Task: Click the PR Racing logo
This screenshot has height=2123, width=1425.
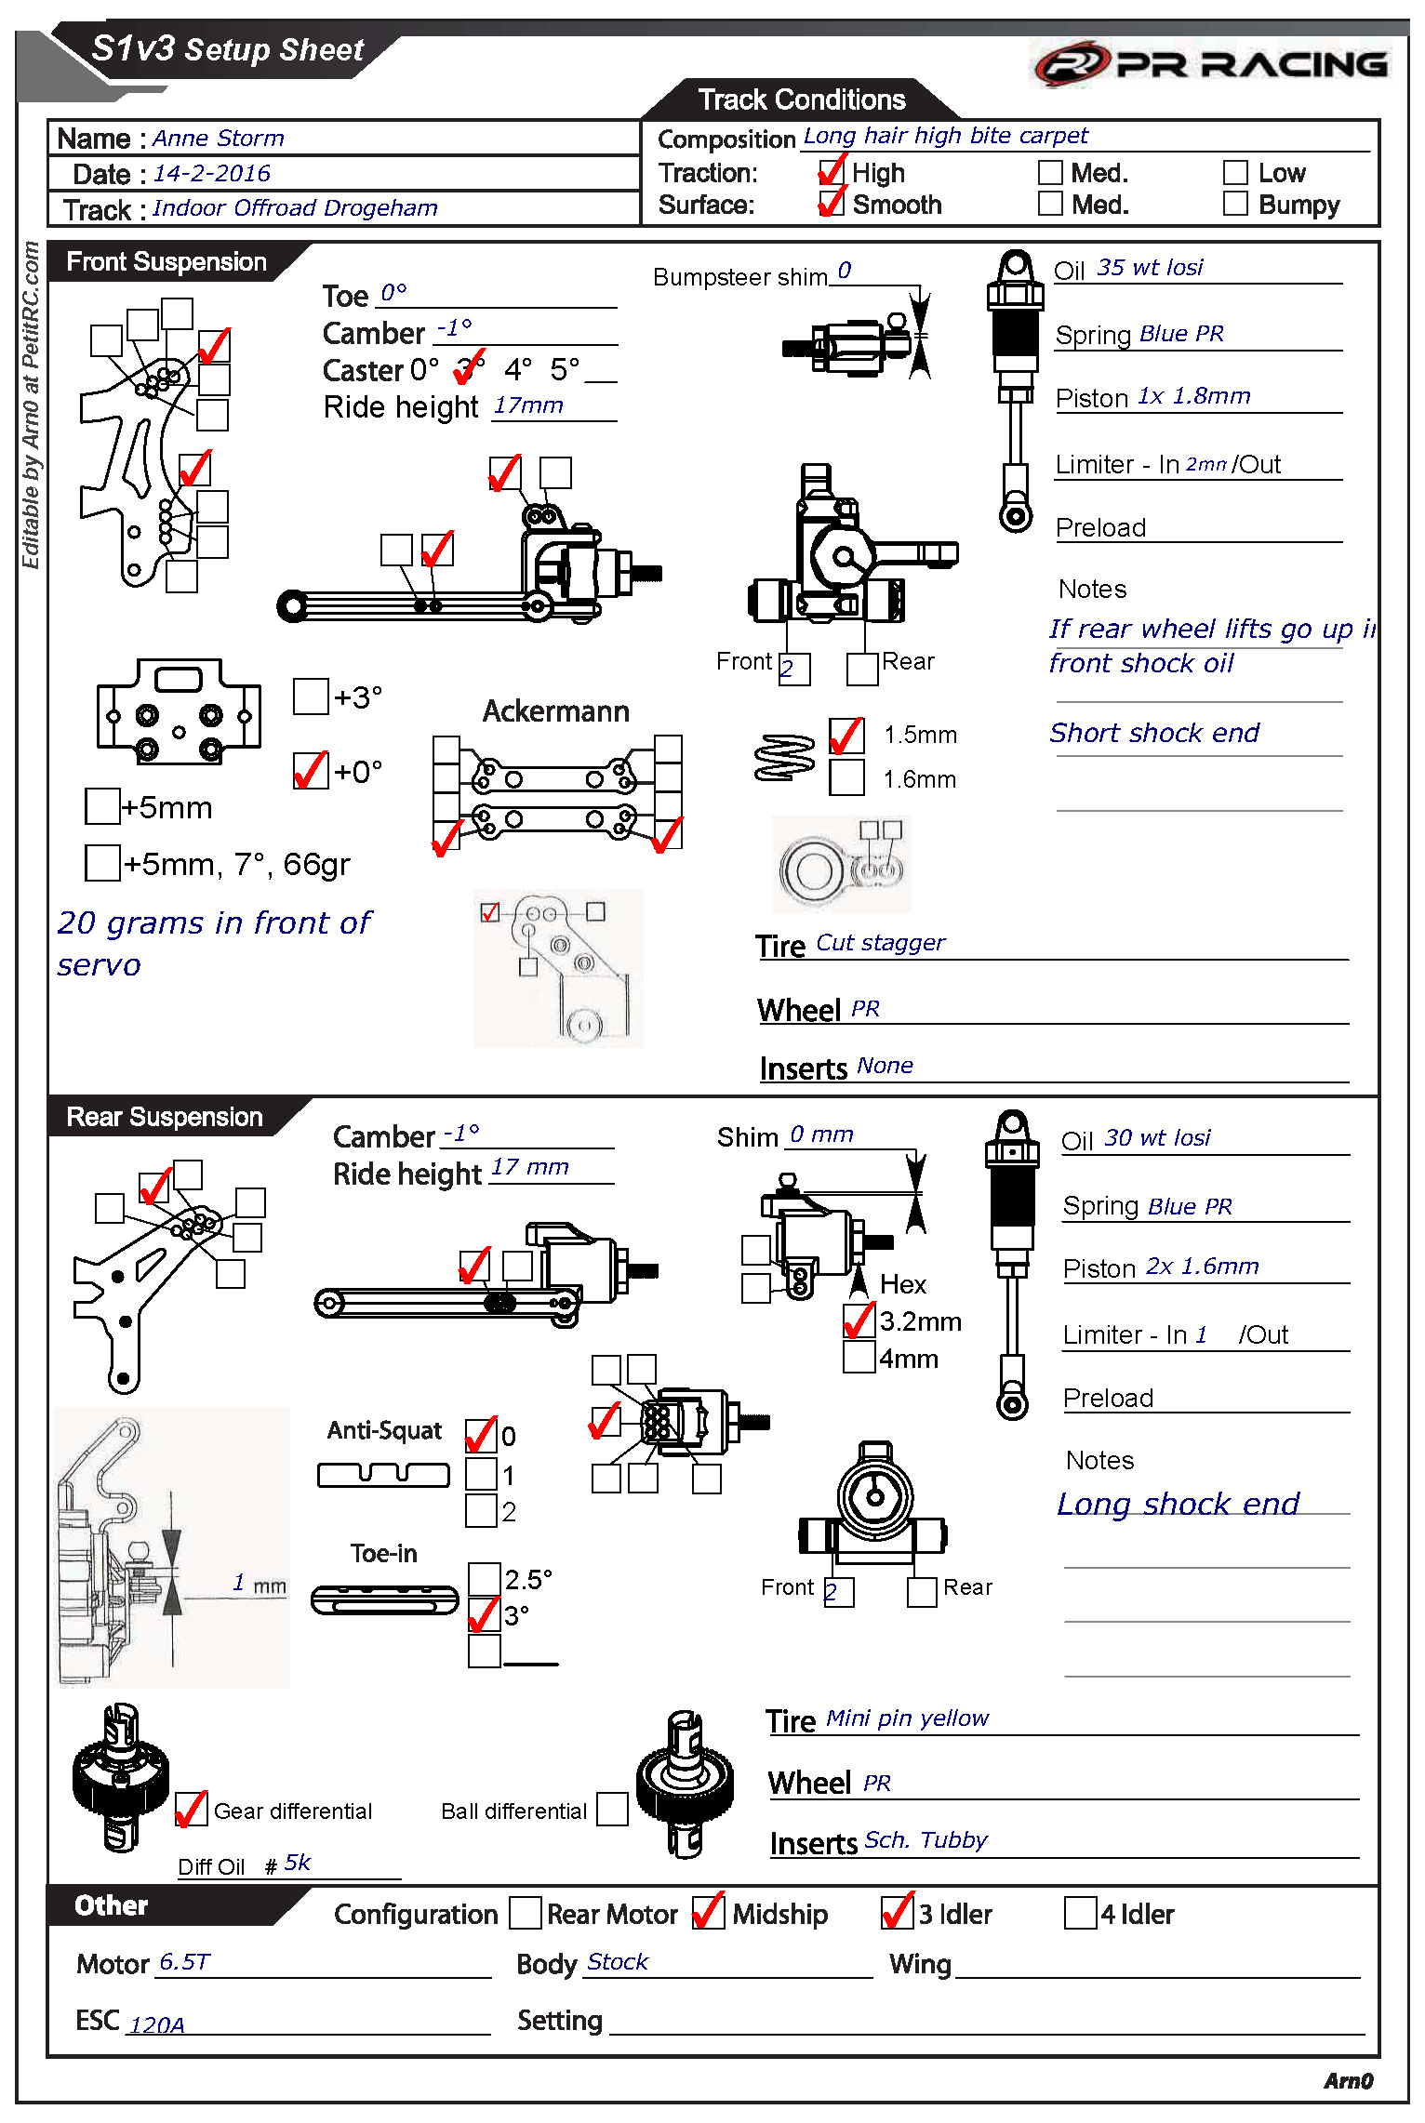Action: (1210, 63)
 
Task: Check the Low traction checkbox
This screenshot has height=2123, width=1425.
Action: (1235, 173)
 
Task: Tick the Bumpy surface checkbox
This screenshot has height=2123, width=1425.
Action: (1235, 204)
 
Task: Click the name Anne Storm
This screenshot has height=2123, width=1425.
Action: (219, 139)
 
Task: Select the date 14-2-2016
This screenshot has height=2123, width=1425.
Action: (211, 174)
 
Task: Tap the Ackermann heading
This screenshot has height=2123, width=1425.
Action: (555, 711)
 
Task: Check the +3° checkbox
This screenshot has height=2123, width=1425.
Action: (311, 697)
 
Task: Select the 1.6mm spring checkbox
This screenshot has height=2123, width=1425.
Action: (846, 777)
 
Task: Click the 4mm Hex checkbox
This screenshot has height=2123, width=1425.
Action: (859, 1357)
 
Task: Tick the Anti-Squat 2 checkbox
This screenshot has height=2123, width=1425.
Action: (481, 1510)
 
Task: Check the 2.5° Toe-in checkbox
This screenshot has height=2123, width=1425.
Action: (484, 1578)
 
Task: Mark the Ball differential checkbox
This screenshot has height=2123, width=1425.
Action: (611, 1809)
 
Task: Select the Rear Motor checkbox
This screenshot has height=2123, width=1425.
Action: (526, 1913)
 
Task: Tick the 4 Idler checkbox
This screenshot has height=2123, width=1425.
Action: (1080, 1913)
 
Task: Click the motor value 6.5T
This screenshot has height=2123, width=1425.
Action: (184, 1961)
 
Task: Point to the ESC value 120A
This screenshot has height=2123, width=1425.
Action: (156, 2024)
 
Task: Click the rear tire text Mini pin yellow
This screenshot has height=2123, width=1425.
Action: (907, 1718)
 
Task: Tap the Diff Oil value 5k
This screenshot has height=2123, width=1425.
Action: (298, 1862)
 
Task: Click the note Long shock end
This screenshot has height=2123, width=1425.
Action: (1178, 1504)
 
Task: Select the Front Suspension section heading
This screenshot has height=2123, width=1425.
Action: (166, 262)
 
